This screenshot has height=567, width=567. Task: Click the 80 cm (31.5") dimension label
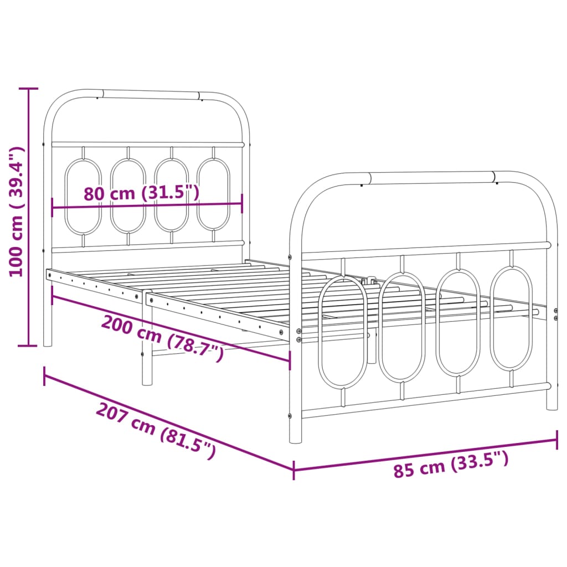(141, 193)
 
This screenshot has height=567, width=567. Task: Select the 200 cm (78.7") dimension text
(162, 337)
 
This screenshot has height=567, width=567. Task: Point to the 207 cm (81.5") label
(156, 431)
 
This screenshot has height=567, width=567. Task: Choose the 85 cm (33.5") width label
(451, 464)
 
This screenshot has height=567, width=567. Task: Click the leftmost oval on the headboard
(83, 197)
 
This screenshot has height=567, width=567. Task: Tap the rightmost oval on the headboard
(213, 194)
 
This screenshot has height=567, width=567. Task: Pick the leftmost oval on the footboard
(343, 332)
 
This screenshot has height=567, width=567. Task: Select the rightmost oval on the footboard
(512, 318)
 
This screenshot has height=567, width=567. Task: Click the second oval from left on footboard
(402, 327)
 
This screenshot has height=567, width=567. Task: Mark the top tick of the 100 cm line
(28, 89)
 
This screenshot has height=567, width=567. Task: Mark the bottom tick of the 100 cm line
(28, 346)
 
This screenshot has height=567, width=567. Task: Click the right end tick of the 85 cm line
(556, 440)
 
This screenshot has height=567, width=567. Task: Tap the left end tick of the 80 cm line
(52, 208)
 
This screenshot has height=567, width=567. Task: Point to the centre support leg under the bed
(147, 365)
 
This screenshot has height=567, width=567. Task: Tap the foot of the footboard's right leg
(552, 406)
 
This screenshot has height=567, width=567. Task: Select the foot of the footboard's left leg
(296, 440)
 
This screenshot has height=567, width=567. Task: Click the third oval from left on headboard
(171, 195)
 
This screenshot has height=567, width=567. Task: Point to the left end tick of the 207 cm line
(45, 376)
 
